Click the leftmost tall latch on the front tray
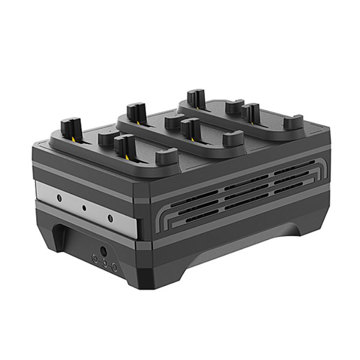click(x=70, y=130)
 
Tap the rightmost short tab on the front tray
click(x=166, y=157)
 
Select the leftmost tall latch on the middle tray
click(x=135, y=110)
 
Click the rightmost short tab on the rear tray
click(x=292, y=122)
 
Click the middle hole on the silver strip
click(x=84, y=207)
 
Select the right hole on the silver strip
click(x=109, y=215)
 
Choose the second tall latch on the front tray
click(x=125, y=147)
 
